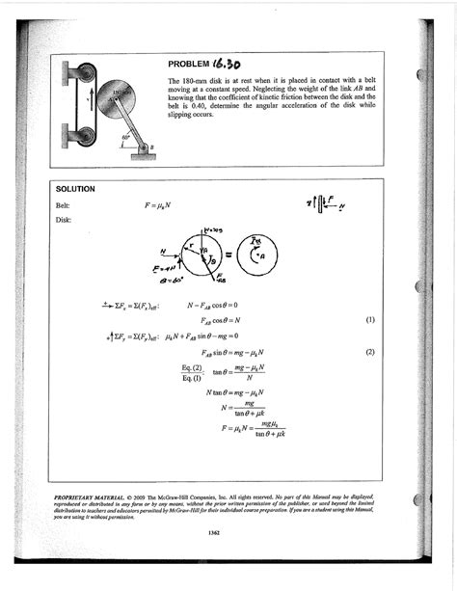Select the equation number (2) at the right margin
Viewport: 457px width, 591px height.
370,353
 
